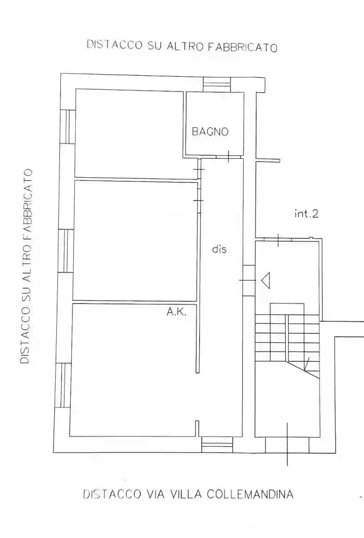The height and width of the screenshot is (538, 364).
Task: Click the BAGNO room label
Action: point(210,132)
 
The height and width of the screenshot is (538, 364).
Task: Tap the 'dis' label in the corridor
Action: point(219,250)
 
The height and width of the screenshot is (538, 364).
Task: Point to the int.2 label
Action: point(306,214)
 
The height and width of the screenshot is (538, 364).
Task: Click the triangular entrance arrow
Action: point(265,280)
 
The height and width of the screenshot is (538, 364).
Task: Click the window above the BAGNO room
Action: point(217,84)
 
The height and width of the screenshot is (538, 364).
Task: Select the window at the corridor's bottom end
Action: point(217,444)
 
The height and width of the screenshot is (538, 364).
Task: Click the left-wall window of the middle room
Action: point(66,251)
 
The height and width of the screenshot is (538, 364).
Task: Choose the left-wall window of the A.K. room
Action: point(63,385)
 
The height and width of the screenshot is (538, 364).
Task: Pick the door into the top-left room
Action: point(199,169)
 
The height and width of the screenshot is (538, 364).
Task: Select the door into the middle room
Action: point(199,200)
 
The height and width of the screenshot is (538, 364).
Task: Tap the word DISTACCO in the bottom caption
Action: point(112,494)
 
